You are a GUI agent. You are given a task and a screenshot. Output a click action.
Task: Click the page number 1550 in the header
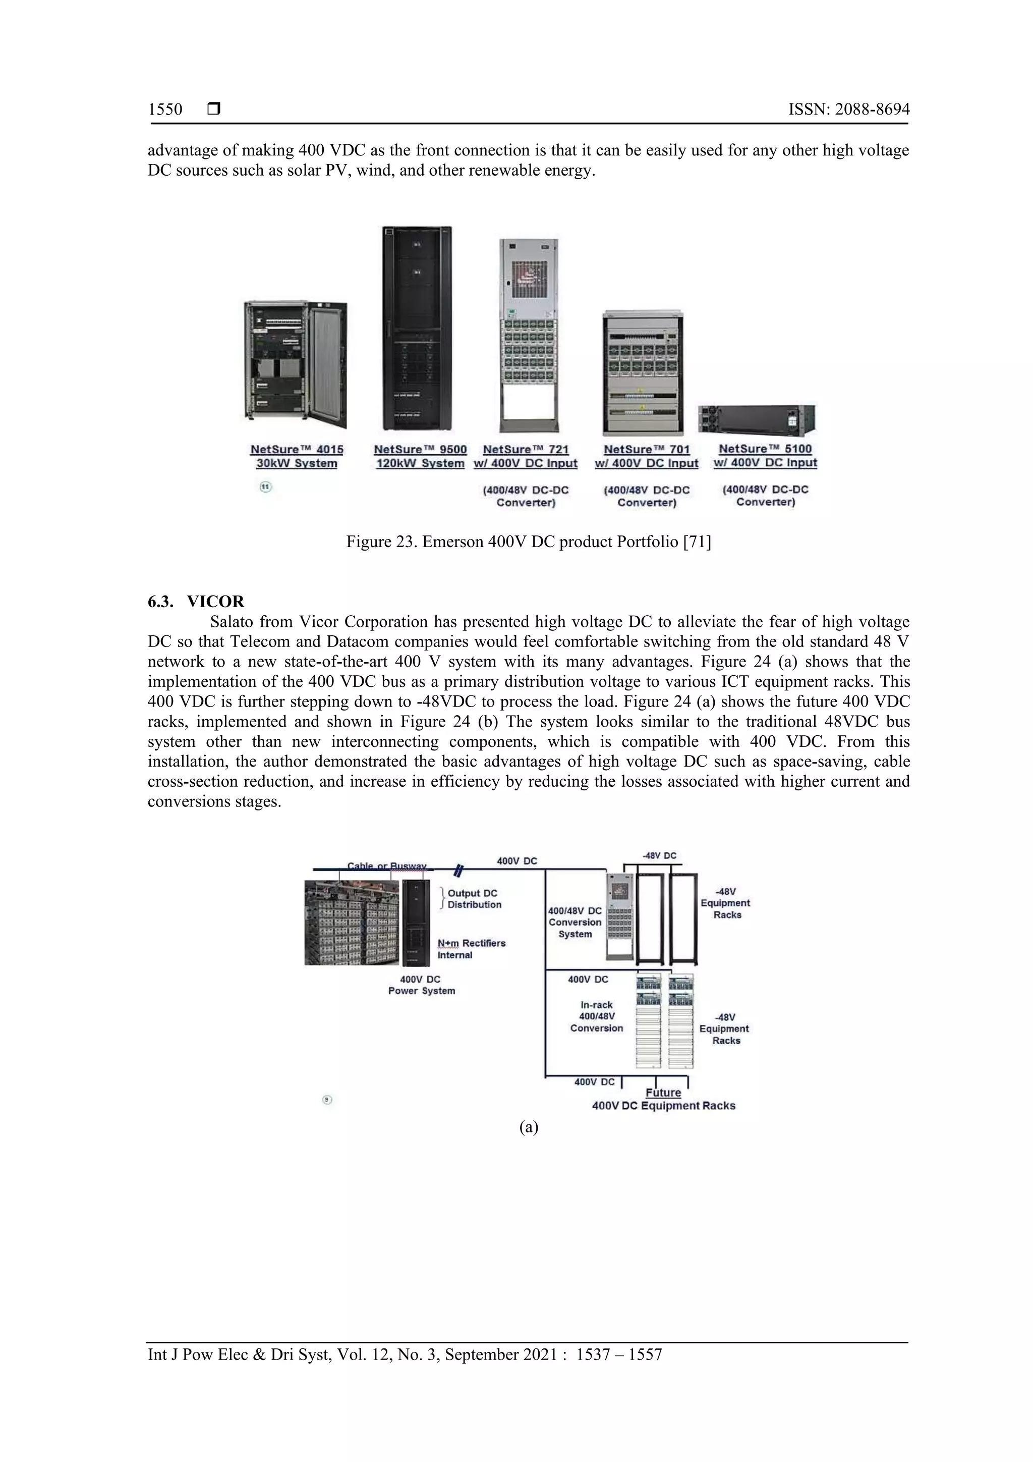coord(165,110)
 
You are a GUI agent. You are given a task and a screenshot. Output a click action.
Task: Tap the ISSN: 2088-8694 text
coord(848,110)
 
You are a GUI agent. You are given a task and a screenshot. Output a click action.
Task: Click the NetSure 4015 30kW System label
coord(297,456)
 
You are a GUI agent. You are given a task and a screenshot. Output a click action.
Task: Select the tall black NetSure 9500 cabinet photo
coord(417,328)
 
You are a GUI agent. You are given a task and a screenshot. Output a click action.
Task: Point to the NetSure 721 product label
coord(525,456)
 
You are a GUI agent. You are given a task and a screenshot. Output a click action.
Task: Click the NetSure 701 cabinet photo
coord(644,372)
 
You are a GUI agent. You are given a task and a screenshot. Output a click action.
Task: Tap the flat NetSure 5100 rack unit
coord(756,418)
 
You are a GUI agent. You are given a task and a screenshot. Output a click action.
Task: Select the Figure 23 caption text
coord(528,542)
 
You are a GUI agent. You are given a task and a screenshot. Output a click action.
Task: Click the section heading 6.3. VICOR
coord(196,601)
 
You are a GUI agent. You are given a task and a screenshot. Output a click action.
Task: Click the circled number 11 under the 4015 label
coord(265,487)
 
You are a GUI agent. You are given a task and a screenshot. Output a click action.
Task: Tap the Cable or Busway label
coord(386,866)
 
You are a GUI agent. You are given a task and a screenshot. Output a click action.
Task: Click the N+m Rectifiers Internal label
coord(471,949)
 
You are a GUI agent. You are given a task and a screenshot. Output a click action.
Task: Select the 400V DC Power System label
coord(421,985)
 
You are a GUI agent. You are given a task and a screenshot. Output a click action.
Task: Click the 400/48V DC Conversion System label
coord(575,922)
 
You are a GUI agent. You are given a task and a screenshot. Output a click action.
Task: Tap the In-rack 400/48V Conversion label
coord(596,1016)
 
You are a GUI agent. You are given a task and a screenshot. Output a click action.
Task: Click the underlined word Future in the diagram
coord(663,1093)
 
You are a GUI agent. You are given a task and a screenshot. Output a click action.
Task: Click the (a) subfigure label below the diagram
coord(528,1127)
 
